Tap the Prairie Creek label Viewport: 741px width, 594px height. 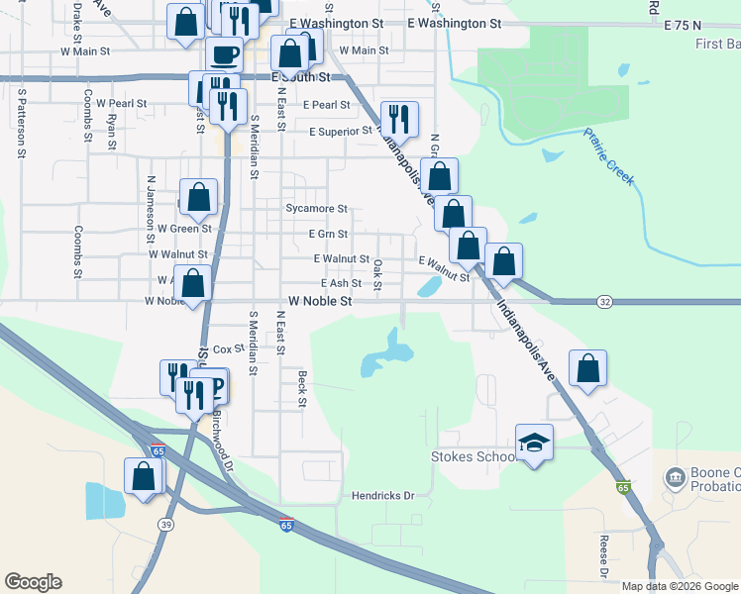coord(608,156)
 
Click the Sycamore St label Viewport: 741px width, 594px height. coord(316,209)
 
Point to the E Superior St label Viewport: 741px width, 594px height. coord(340,131)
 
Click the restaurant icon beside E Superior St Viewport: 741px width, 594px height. coord(399,120)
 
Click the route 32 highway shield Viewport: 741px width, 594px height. coord(605,301)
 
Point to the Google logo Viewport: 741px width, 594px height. coord(33,582)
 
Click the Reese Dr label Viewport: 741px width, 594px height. coord(603,556)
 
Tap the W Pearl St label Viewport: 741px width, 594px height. coord(117,103)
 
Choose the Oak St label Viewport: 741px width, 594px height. coord(378,269)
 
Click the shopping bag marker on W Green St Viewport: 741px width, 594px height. coord(198,197)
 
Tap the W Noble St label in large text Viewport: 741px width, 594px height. coord(320,300)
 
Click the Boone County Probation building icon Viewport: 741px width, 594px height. coord(676,479)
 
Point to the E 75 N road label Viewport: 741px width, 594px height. coord(684,23)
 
